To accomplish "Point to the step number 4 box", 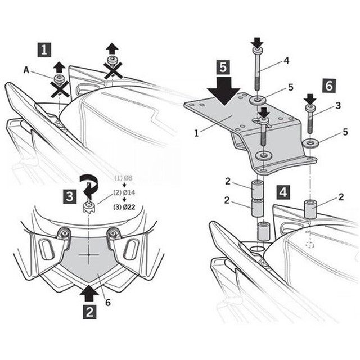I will (x=283, y=191).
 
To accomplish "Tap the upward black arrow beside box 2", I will (x=88, y=294).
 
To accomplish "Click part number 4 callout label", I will (x=286, y=60).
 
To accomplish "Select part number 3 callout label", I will (x=339, y=105).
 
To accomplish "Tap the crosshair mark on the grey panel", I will (x=88, y=254).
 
